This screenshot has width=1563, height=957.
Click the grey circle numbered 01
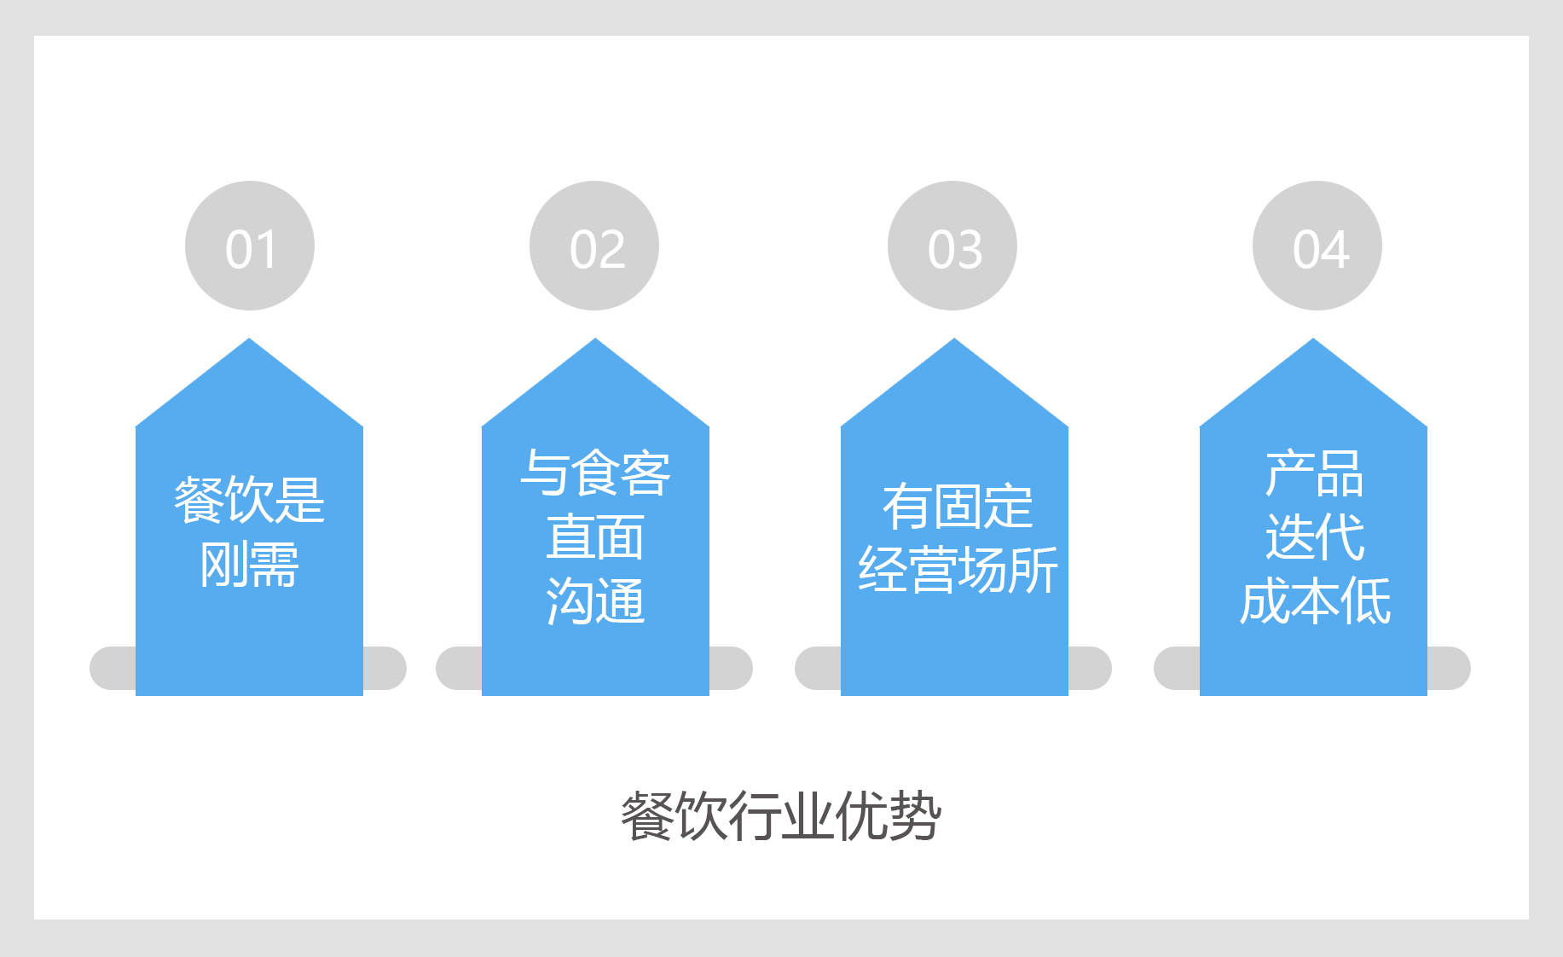(x=250, y=246)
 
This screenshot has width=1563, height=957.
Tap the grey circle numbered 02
(x=594, y=246)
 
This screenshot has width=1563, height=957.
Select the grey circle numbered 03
(x=952, y=246)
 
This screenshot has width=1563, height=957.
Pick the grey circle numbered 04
(x=1317, y=246)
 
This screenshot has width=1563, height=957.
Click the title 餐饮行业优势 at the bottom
(x=781, y=816)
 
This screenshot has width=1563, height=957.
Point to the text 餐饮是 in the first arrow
(x=250, y=500)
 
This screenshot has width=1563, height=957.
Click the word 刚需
(x=250, y=564)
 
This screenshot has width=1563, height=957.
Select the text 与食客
(x=595, y=473)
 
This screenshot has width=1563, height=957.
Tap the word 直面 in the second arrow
(x=595, y=537)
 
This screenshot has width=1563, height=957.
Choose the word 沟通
(x=595, y=601)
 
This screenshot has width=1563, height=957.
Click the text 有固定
(x=958, y=506)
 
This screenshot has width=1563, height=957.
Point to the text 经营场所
(x=958, y=570)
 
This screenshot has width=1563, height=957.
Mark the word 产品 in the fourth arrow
(x=1314, y=473)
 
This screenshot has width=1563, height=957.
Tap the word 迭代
(x=1314, y=537)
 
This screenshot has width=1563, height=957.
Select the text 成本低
(x=1314, y=601)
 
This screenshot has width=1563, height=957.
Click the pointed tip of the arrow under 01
(x=249, y=339)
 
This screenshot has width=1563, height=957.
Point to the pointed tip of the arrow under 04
(x=1313, y=339)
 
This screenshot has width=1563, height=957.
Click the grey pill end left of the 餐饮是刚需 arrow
(x=113, y=668)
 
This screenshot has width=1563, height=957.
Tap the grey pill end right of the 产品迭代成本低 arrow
(x=1449, y=668)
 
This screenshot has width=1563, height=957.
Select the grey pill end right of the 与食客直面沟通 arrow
(x=731, y=668)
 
